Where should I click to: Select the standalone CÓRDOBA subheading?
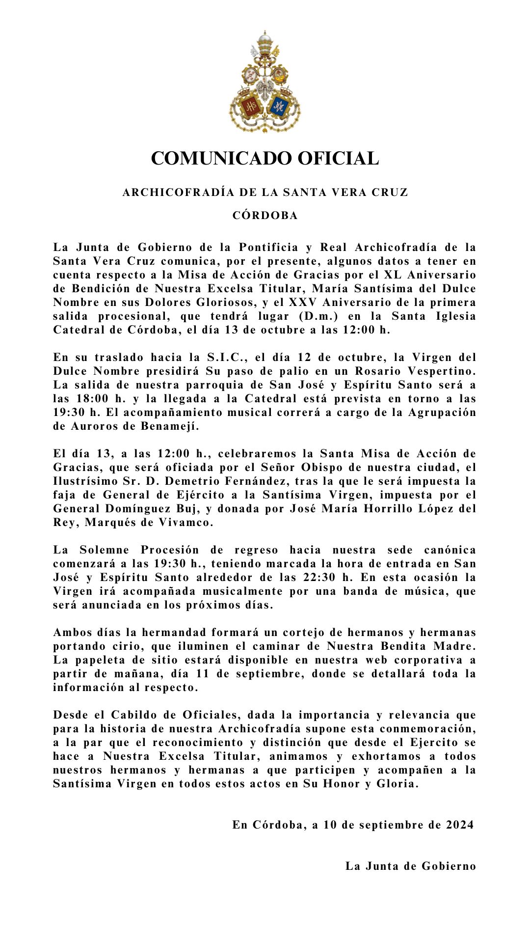[x=265, y=216]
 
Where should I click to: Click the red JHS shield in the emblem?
[x=251, y=106]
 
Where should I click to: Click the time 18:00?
[x=92, y=399]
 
